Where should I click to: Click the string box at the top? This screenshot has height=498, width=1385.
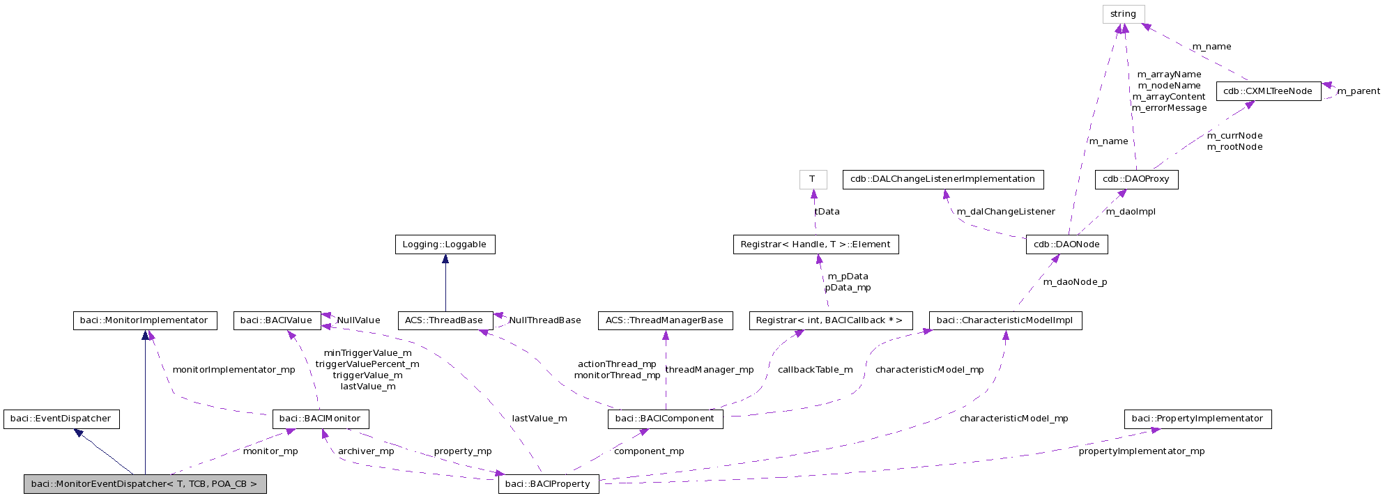1123,14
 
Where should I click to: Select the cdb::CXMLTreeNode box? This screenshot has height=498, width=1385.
1268,91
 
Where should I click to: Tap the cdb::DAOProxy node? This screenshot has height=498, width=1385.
1135,179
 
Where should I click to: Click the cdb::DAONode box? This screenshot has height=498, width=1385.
1066,244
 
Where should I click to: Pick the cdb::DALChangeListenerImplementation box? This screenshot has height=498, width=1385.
942,179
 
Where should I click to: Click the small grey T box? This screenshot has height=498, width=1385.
812,179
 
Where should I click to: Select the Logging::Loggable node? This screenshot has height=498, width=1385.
445,244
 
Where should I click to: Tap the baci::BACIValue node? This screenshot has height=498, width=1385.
276,320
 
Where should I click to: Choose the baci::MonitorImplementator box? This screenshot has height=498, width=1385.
144,320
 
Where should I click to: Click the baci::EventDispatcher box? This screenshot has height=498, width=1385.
61,419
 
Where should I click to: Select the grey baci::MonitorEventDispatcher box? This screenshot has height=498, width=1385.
144,484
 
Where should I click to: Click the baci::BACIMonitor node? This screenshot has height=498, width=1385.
320,419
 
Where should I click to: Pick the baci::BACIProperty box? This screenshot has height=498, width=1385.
548,484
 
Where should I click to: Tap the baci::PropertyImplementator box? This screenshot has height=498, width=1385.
1197,419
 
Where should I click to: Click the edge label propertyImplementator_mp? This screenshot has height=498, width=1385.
1141,451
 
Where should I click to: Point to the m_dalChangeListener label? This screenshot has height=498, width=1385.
1005,212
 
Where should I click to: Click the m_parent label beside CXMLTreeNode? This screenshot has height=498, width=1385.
1358,91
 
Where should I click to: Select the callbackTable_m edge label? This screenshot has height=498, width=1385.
815,370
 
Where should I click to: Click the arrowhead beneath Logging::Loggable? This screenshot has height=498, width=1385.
445,259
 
